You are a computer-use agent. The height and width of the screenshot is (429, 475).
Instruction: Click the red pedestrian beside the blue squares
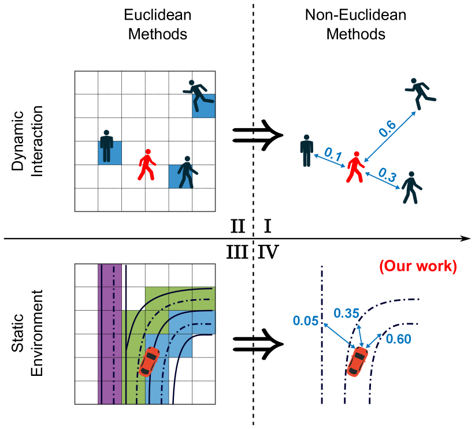pyautogui.click(x=147, y=165)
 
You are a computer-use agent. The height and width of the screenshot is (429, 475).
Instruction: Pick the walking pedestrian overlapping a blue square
pyautogui.click(x=186, y=172)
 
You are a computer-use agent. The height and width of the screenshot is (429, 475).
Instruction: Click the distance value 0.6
pyautogui.click(x=387, y=129)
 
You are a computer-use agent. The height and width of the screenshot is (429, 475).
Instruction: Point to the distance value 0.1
pyautogui.click(x=332, y=154)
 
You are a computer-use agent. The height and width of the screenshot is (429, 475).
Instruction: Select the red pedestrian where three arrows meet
pyautogui.click(x=355, y=167)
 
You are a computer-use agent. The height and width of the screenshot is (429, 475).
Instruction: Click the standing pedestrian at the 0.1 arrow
pyautogui.click(x=306, y=151)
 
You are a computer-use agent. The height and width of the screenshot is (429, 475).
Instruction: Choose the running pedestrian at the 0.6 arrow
pyautogui.click(x=420, y=93)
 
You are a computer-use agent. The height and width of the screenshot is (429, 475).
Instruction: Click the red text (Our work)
pyautogui.click(x=418, y=266)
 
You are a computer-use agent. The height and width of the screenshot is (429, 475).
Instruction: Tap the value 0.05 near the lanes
pyautogui.click(x=306, y=321)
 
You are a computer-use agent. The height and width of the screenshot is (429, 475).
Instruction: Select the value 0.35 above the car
pyautogui.click(x=347, y=314)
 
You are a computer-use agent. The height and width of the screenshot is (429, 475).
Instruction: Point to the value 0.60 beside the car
pyautogui.click(x=398, y=340)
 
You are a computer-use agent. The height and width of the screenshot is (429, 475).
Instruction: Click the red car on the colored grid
pyautogui.click(x=149, y=361)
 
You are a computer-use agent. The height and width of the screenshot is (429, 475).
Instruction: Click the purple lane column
pyautogui.click(x=110, y=335)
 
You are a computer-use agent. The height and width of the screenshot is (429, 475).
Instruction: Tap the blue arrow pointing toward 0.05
pyautogui.click(x=339, y=335)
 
